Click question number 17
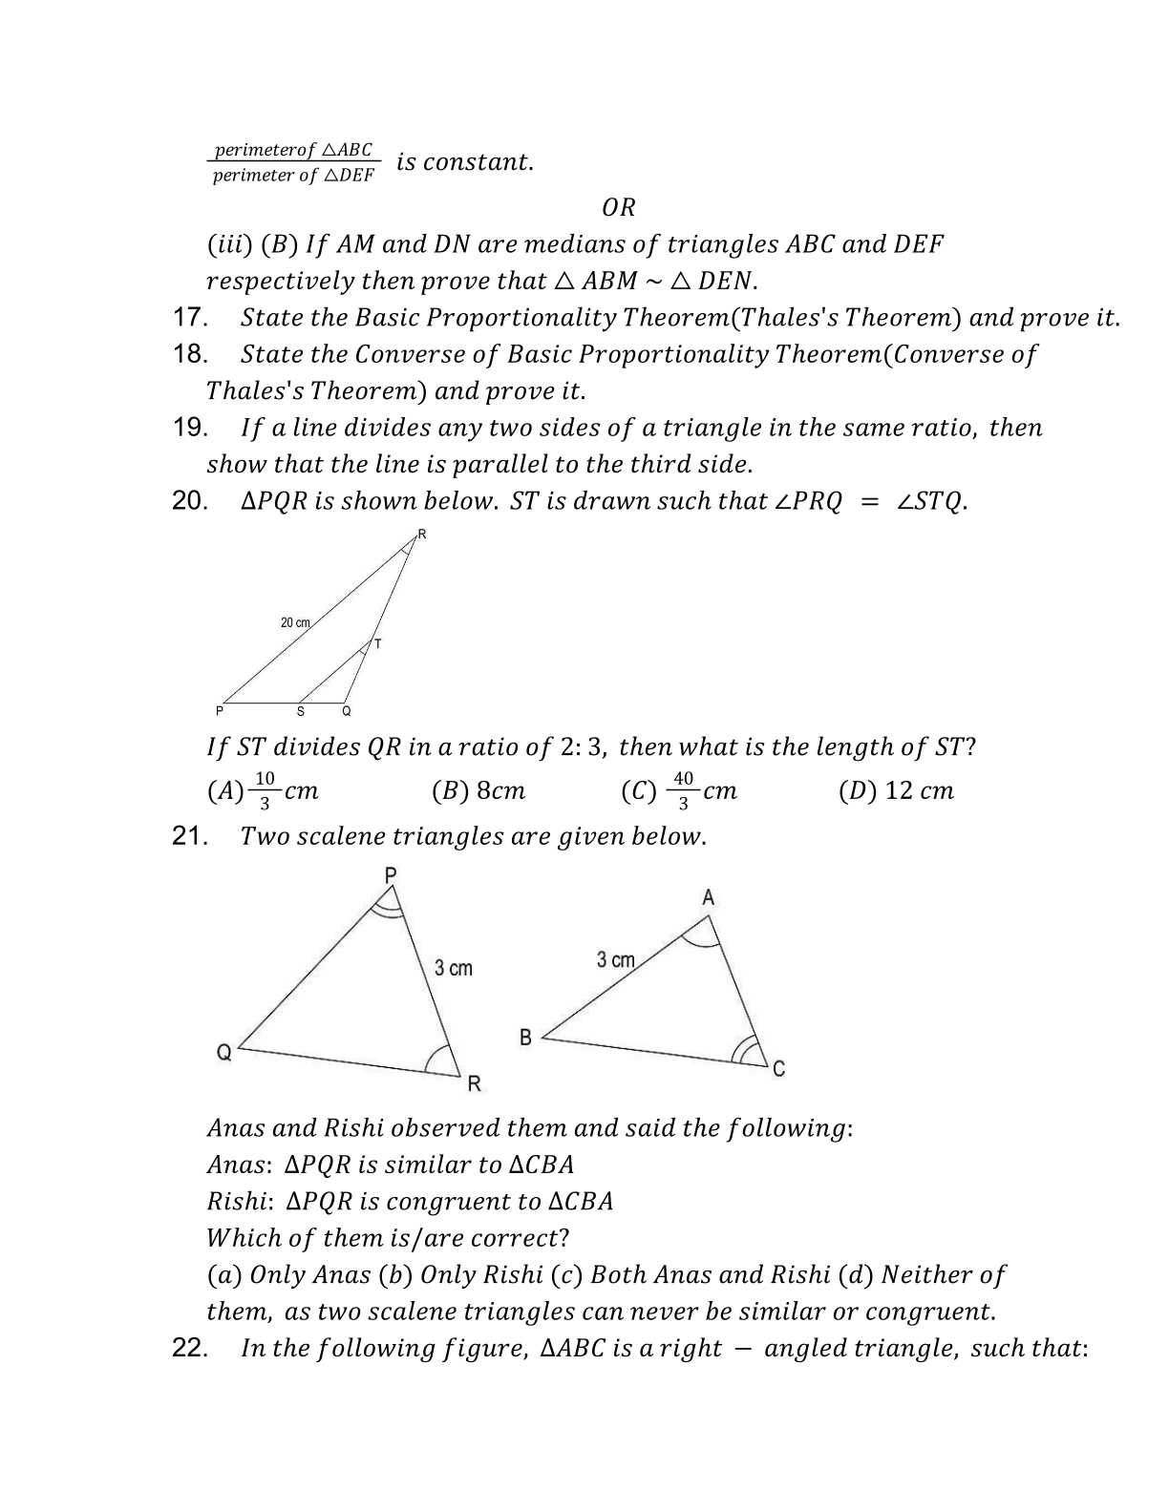tap(190, 318)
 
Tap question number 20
tap(190, 501)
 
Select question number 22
tap(190, 1348)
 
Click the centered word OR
tap(619, 207)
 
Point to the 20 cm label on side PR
tap(295, 622)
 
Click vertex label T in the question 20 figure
tap(378, 644)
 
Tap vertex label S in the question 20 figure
tap(301, 712)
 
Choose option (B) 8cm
tap(478, 790)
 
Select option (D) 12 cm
tap(896, 790)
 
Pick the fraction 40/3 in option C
tap(683, 790)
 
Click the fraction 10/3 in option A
tap(266, 790)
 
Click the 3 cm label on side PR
tap(454, 968)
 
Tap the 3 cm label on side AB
tap(615, 959)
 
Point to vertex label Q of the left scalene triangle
tap(224, 1053)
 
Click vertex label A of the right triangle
tap(708, 897)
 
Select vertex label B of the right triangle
tap(525, 1037)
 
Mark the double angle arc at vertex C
tap(742, 1051)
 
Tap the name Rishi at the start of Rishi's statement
tap(235, 1201)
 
